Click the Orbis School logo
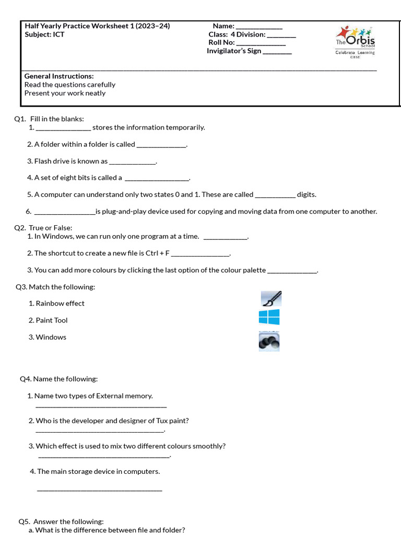click(355, 42)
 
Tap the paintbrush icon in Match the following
click(271, 299)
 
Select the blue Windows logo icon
click(269, 317)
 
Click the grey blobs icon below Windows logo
click(269, 342)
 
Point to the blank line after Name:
click(259, 27)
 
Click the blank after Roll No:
click(261, 43)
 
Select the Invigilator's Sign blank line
click(277, 52)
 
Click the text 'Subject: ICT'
click(44, 34)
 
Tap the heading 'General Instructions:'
click(59, 76)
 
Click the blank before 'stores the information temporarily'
click(63, 129)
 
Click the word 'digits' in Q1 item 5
click(306, 194)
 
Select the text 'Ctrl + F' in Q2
click(157, 253)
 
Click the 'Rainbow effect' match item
click(60, 304)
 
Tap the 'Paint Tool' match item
click(51, 320)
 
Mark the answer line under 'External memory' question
click(101, 406)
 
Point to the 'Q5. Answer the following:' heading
click(61, 521)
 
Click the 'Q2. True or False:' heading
click(43, 228)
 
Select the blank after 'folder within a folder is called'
click(161, 146)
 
